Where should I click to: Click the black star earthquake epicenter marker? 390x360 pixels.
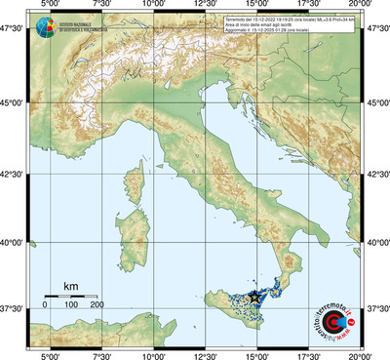(x=255, y=295)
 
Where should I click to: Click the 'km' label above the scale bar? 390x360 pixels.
(x=70, y=286)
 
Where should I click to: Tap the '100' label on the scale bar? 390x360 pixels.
(x=70, y=305)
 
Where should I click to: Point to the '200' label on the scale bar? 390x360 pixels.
(x=97, y=305)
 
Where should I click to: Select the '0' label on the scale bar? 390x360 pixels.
(x=45, y=305)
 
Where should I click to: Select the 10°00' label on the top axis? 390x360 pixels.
(x=152, y=6)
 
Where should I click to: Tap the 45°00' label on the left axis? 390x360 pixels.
(x=13, y=101)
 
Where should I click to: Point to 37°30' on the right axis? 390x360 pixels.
(x=376, y=309)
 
